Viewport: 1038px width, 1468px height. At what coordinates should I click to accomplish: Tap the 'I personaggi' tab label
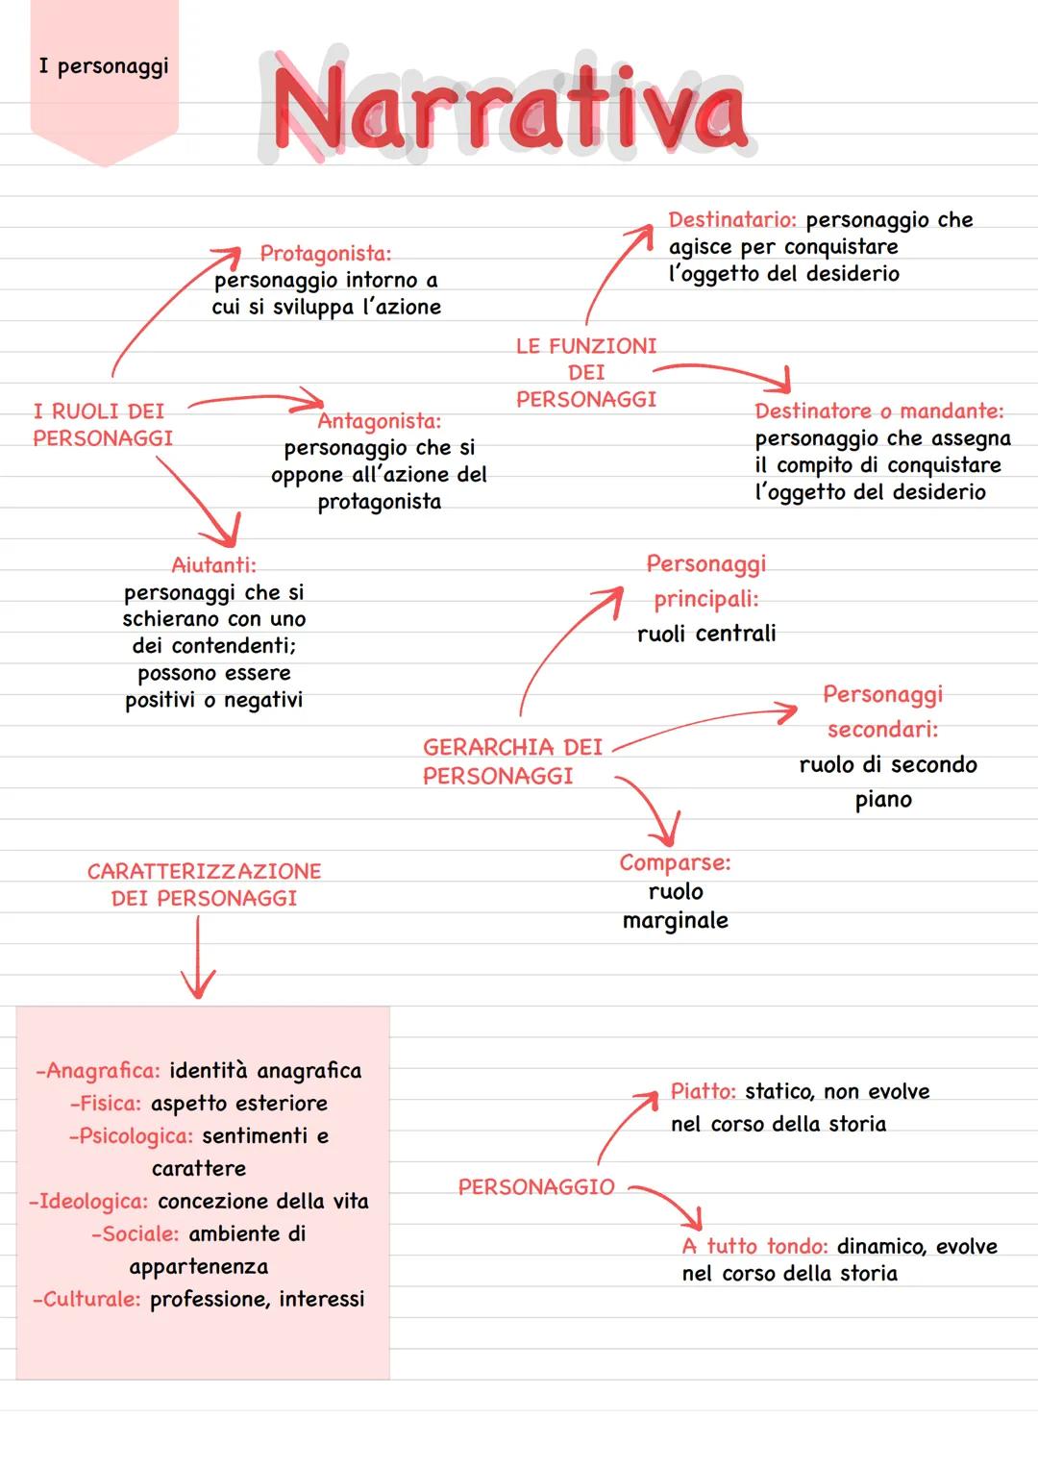[x=103, y=66]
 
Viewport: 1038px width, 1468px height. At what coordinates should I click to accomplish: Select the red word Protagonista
[x=325, y=254]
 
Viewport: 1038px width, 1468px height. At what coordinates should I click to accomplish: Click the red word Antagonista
[x=379, y=421]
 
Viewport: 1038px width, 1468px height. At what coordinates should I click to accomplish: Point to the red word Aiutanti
[x=213, y=564]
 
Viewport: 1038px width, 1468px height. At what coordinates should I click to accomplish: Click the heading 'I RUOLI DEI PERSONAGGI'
[x=102, y=425]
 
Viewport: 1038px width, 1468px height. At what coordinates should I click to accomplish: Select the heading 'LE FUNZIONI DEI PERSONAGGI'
[x=585, y=372]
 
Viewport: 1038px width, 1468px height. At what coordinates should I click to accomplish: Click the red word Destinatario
[x=731, y=220]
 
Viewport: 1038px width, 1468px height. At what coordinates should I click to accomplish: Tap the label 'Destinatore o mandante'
[x=878, y=411]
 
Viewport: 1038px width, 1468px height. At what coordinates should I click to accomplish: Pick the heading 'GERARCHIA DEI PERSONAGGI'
[x=511, y=761]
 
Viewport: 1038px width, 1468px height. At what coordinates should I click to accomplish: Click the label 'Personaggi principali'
[x=705, y=582]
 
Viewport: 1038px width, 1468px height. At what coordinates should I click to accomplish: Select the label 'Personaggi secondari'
[x=882, y=711]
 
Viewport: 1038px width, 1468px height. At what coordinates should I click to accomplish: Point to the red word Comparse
[x=675, y=863]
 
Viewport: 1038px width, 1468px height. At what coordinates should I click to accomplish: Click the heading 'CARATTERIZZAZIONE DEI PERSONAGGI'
[x=204, y=884]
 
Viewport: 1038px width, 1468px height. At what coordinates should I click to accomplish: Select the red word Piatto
[x=703, y=1092]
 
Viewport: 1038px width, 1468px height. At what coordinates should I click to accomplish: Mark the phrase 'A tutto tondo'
[x=754, y=1247]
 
